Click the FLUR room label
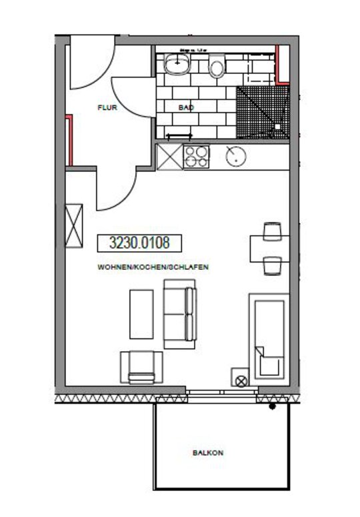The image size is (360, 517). (107, 107)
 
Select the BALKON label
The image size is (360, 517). (208, 452)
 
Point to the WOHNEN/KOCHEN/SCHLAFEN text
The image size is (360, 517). (153, 266)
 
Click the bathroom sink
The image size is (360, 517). (178, 64)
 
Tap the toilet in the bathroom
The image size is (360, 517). (217, 67)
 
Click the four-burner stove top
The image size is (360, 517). (196, 157)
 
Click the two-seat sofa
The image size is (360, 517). (180, 313)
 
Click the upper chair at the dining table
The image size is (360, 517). (271, 231)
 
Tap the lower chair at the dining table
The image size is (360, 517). (271, 266)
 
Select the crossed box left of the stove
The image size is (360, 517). (169, 157)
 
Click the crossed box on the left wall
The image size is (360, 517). (73, 225)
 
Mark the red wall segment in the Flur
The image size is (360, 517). (69, 140)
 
